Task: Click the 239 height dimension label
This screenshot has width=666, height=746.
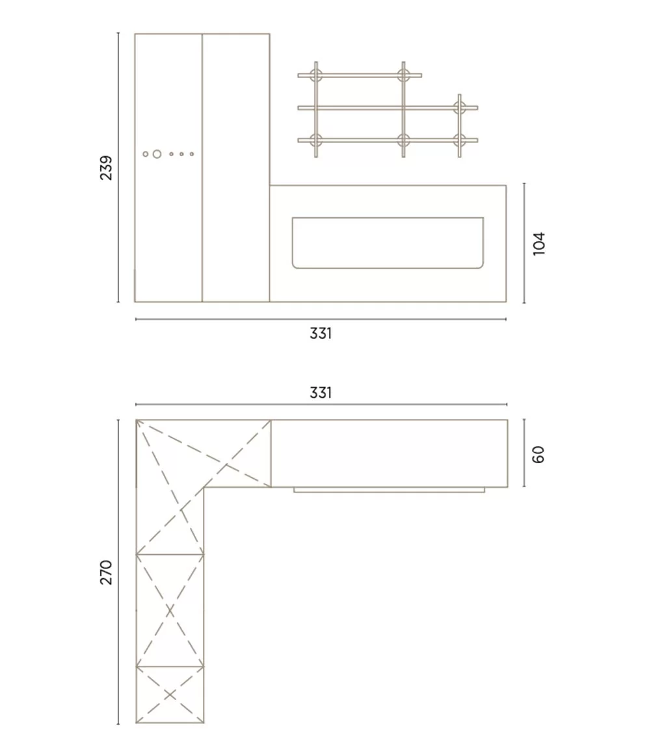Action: [106, 168]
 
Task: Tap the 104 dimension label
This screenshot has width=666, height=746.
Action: [539, 243]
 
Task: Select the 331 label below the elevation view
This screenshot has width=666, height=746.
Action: [321, 334]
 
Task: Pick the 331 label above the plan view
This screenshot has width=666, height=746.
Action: [321, 393]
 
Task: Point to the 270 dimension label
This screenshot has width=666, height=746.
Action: [106, 572]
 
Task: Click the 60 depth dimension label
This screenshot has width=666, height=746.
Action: [539, 454]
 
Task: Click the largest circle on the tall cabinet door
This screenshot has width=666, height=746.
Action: [157, 154]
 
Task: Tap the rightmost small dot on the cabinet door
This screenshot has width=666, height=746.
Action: [192, 154]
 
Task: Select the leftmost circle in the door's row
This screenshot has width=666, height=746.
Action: [146, 154]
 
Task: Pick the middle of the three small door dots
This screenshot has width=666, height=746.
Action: [181, 154]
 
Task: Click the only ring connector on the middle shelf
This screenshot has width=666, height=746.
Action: [459, 107]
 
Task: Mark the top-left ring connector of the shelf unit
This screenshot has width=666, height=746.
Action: [316, 75]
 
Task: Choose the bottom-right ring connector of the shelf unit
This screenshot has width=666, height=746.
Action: [459, 140]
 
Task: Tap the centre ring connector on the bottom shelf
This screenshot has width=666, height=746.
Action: [403, 140]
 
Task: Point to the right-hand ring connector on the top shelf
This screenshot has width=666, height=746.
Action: [403, 75]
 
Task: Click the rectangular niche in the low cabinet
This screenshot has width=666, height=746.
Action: [388, 243]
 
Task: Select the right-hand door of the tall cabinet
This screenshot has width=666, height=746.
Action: [235, 168]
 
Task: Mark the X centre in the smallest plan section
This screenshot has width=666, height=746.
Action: [170, 695]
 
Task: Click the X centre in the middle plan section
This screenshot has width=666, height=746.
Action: [170, 611]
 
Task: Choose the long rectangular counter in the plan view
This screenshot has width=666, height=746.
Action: [389, 453]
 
